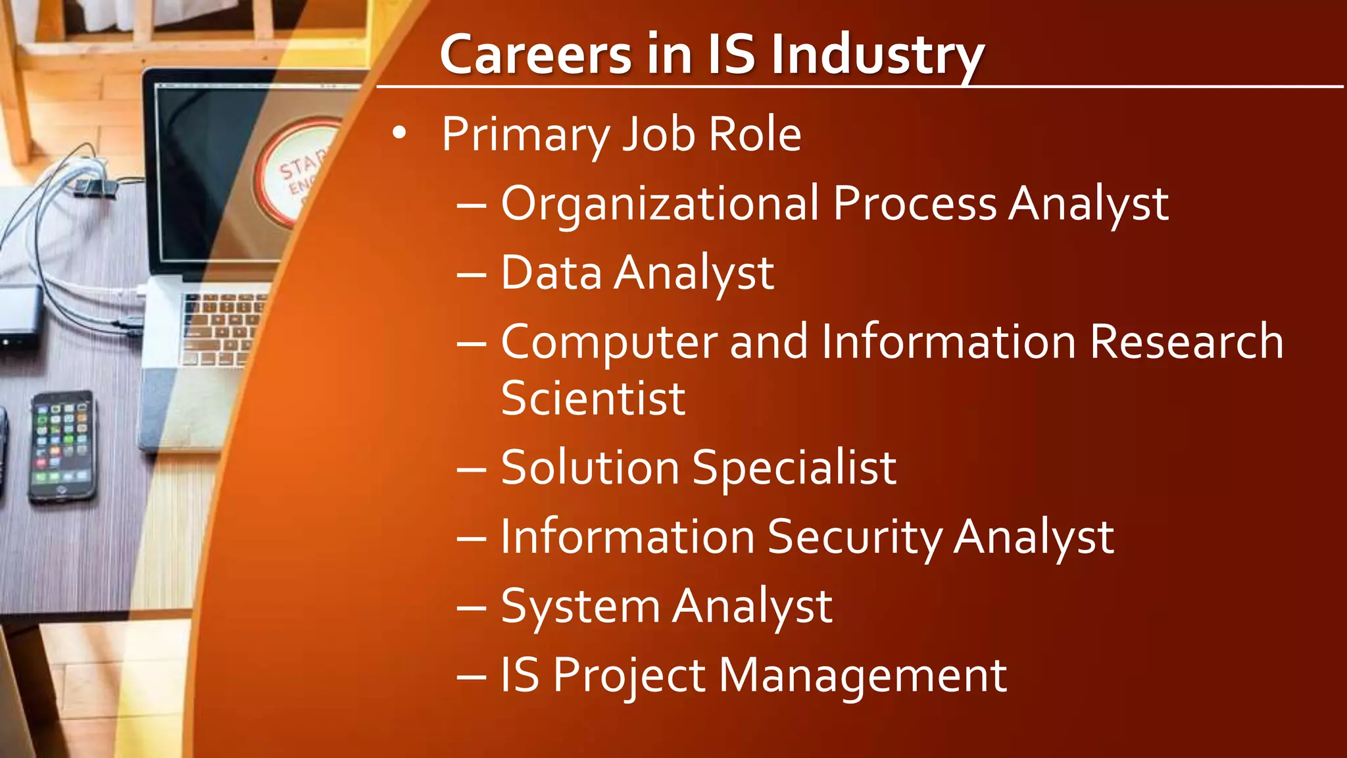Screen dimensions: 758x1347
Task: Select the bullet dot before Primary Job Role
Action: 399,133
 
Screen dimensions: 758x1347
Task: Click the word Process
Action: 915,204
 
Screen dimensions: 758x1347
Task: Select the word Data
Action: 551,272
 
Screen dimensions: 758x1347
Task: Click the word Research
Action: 1186,342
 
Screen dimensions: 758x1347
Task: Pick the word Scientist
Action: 593,398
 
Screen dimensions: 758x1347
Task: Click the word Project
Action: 629,676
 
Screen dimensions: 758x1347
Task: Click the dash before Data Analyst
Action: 472,274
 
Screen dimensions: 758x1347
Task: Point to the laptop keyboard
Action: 220,329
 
